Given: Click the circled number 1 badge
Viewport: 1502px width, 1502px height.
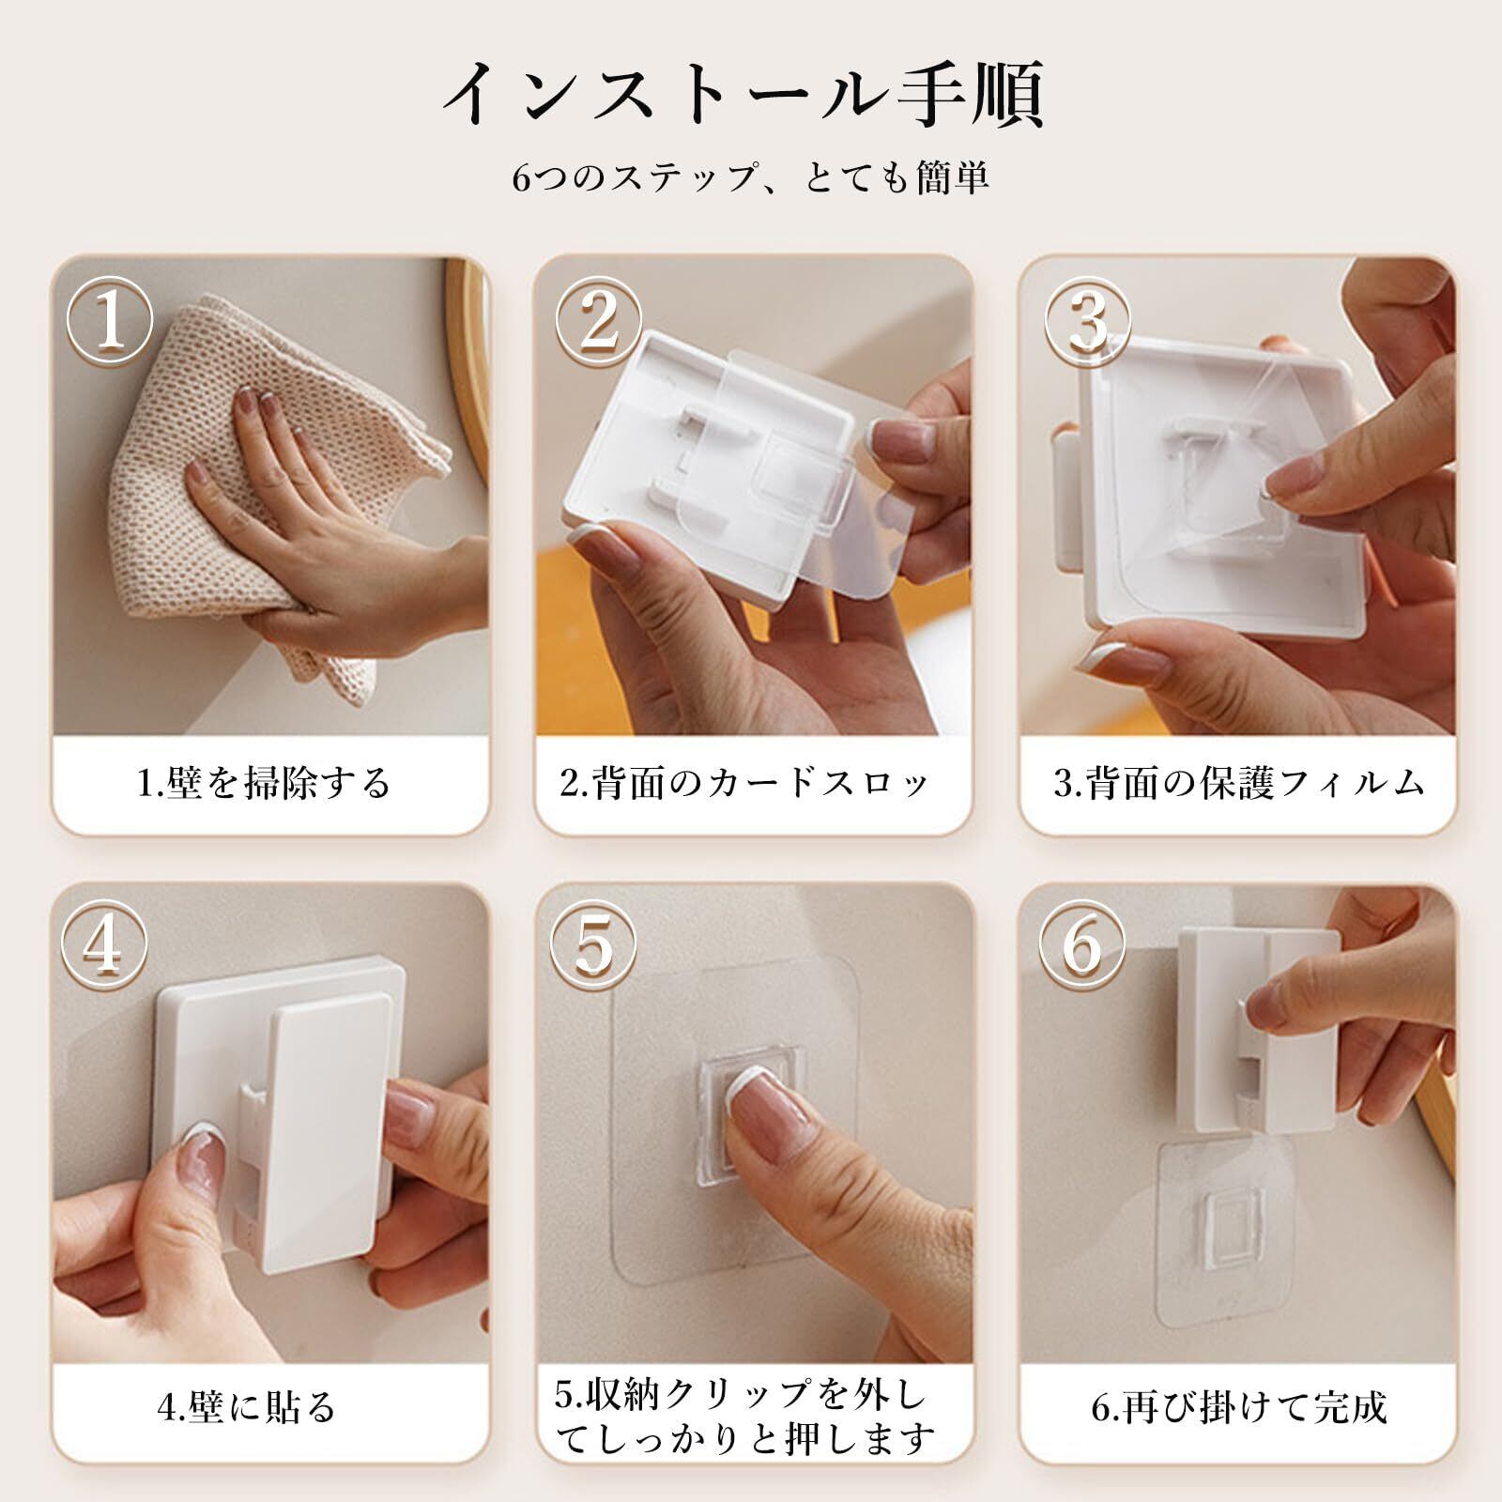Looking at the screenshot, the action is point(110,320).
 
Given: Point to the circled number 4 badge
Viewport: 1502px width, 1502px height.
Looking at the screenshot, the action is point(104,947).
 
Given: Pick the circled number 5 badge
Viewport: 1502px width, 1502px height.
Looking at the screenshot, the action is point(592,947).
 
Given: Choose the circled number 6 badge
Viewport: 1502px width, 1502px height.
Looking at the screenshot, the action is point(1082,947).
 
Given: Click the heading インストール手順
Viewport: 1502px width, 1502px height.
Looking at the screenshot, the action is point(743,95).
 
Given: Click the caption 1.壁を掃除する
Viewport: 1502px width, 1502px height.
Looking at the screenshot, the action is point(264,782).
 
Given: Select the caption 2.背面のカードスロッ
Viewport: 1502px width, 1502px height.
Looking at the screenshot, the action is point(744,782).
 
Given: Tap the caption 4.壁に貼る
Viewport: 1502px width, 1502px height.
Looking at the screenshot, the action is point(246,1407).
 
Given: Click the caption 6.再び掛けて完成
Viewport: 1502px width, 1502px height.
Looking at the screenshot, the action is point(1238,1407).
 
